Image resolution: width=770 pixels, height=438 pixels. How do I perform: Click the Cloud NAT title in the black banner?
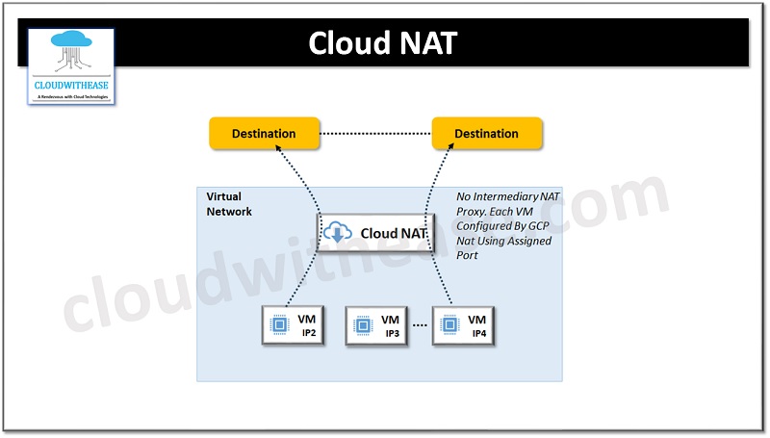pos(382,43)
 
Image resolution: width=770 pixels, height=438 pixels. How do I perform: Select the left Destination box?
pos(265,134)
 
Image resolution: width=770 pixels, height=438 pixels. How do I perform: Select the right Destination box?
pos(486,134)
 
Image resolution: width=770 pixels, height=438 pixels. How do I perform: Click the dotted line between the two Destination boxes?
pos(375,134)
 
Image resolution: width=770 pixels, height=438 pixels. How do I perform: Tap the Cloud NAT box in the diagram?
pos(374,233)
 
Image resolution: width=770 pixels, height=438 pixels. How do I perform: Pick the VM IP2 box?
pos(295,325)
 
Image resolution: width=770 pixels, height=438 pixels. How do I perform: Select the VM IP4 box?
pos(463,325)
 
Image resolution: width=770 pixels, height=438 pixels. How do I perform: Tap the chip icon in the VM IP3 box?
pos(362,326)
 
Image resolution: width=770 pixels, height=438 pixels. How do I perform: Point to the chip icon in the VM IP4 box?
pos(448,326)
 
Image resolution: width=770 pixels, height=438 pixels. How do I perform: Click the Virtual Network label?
pos(229,204)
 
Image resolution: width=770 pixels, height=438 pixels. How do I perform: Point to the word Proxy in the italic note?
pos(474,212)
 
